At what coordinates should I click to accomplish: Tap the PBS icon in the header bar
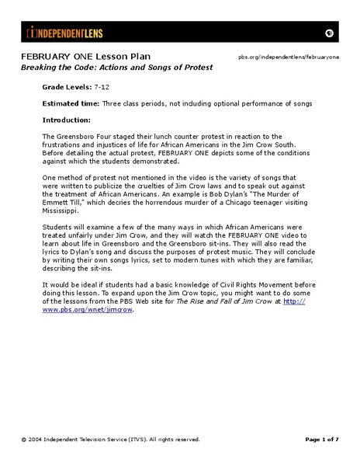328,33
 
